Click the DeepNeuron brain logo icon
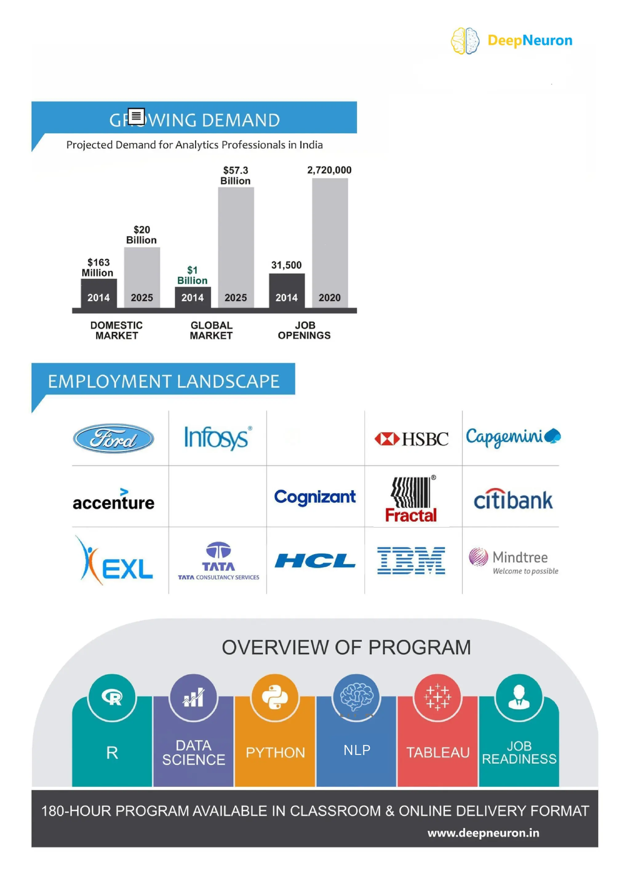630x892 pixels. pyautogui.click(x=465, y=41)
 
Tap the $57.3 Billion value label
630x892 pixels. pyautogui.click(x=235, y=176)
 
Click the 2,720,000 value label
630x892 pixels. pyautogui.click(x=329, y=170)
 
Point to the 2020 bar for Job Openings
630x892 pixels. pyautogui.click(x=330, y=243)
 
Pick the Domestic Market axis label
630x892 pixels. pyautogui.click(x=117, y=330)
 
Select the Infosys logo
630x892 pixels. pyautogui.click(x=218, y=438)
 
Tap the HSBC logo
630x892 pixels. pyautogui.click(x=411, y=439)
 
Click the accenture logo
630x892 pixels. pyautogui.click(x=114, y=500)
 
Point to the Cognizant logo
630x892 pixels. pyautogui.click(x=315, y=497)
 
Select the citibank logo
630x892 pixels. pyautogui.click(x=513, y=500)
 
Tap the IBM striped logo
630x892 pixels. pyautogui.click(x=411, y=561)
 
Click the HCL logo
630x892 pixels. pyautogui.click(x=315, y=561)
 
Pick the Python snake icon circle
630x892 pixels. pyautogui.click(x=275, y=697)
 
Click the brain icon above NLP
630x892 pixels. pyautogui.click(x=357, y=697)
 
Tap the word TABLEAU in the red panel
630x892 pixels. pyautogui.click(x=438, y=753)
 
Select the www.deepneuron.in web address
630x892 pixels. pyautogui.click(x=483, y=833)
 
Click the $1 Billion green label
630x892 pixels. pyautogui.click(x=192, y=275)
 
